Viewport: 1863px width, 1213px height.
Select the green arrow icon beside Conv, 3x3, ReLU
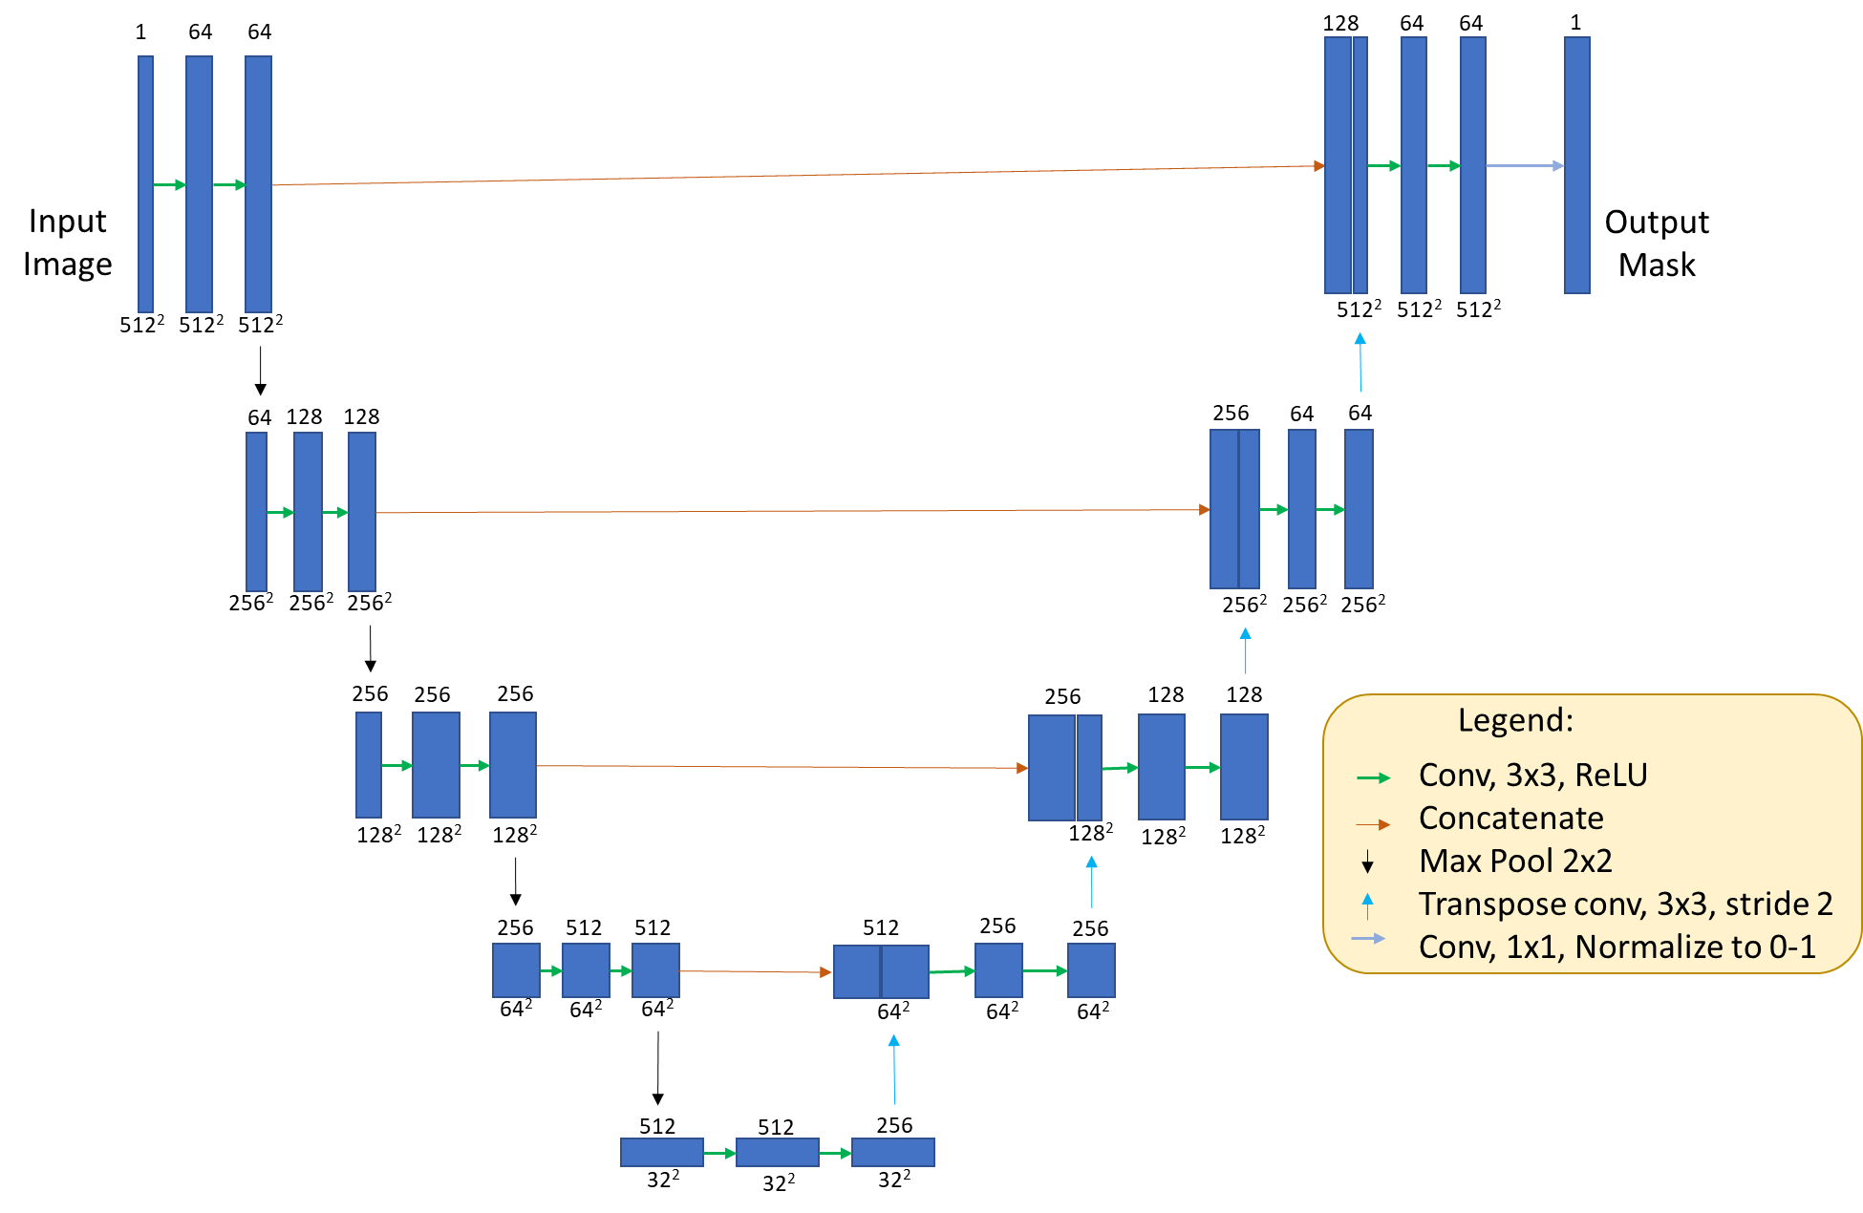[1373, 778]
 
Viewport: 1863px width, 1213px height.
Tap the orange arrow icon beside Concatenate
[1373, 823]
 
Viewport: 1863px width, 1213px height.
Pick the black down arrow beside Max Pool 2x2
[1367, 862]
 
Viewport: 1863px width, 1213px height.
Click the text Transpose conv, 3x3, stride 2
[1625, 904]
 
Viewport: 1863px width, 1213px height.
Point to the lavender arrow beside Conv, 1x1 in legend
[1368, 938]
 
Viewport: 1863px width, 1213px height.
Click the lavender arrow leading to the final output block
[1524, 166]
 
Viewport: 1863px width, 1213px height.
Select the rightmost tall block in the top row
[1576, 165]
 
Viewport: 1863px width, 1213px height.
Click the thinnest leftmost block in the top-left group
[145, 184]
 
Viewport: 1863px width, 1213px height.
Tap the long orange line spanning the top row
[793, 176]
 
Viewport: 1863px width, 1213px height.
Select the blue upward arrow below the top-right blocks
[1360, 362]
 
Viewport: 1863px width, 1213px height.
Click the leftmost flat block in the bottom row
[661, 1152]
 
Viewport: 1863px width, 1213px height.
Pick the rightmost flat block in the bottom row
[892, 1152]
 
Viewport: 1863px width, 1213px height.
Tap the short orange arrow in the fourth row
[755, 971]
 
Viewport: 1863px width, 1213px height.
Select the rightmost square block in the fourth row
[1090, 970]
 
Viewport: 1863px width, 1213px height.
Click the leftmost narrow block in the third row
[368, 765]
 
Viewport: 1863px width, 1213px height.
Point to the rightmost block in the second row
[1358, 509]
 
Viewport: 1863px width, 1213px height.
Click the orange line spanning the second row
[793, 512]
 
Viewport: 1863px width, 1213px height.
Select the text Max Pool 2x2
[1515, 862]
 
